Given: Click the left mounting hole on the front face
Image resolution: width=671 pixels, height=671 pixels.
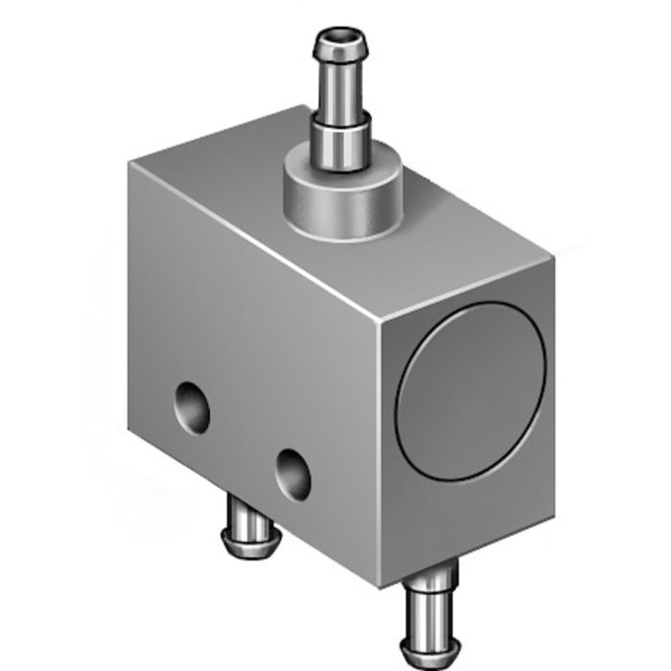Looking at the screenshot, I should tap(193, 406).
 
